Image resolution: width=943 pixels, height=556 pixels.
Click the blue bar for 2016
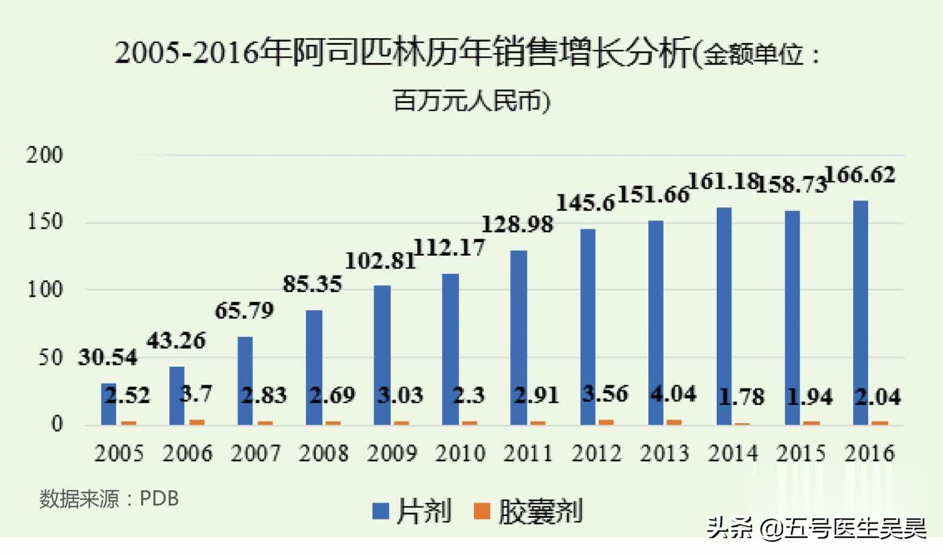[x=860, y=312]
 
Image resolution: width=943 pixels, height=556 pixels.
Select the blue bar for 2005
[x=108, y=404]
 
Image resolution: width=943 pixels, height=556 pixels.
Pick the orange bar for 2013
[x=674, y=422]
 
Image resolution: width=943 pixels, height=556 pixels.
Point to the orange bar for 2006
[x=196, y=422]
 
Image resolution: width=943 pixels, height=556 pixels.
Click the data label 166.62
[x=860, y=175]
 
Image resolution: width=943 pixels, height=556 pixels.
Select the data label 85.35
[x=312, y=284]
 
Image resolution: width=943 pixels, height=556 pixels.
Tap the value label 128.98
[x=517, y=224]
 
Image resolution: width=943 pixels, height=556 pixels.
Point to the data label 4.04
[x=674, y=393]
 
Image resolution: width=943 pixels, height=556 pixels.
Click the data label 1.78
[x=741, y=397]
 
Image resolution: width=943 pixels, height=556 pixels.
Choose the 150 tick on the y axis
[x=45, y=222]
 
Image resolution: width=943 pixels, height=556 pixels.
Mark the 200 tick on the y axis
[x=44, y=155]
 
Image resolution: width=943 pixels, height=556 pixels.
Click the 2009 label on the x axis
[x=392, y=454]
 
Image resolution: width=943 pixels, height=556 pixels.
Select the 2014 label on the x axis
[x=733, y=454]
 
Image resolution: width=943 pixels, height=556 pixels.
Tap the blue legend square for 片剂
[x=381, y=511]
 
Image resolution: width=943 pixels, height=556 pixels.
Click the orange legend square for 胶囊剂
[x=482, y=511]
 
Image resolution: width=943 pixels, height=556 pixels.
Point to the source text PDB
[x=159, y=499]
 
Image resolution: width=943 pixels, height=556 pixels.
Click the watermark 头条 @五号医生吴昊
[x=816, y=528]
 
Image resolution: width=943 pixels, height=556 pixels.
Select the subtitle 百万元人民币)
[x=471, y=101]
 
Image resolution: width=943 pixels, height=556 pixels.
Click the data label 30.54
[x=107, y=357]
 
